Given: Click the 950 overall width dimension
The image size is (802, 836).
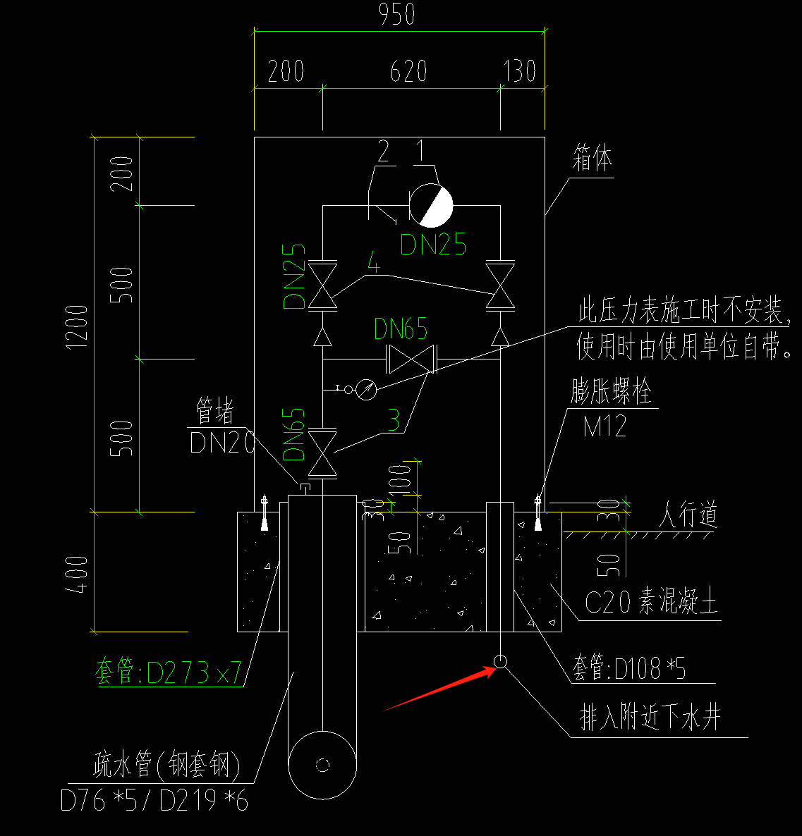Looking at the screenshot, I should (x=397, y=15).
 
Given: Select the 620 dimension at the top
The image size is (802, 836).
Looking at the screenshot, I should (x=409, y=71).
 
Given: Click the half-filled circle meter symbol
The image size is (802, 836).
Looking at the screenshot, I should (x=431, y=205).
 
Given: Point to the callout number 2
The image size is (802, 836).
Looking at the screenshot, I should (x=384, y=151).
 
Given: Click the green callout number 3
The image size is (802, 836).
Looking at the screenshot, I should (x=394, y=421).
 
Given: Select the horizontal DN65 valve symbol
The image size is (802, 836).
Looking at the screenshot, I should (x=411, y=359).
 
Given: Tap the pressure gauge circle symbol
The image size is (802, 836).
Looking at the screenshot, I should (x=366, y=389).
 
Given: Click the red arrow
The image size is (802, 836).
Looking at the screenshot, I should (x=437, y=689).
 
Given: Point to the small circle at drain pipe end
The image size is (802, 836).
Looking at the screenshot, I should (x=500, y=661).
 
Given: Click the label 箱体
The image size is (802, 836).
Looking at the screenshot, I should (x=592, y=159).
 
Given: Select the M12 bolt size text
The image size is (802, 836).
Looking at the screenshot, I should (x=604, y=425).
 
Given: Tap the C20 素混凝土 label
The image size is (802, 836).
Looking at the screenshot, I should (x=650, y=603).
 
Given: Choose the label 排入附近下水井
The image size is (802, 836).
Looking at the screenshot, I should (x=650, y=719).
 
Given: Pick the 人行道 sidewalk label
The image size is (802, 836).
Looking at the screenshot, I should (x=688, y=515).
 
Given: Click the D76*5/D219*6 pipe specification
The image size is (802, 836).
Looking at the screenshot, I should (x=154, y=800).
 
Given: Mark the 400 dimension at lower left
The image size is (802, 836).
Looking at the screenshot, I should (x=78, y=574).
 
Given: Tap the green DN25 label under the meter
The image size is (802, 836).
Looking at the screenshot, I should (x=433, y=244).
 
